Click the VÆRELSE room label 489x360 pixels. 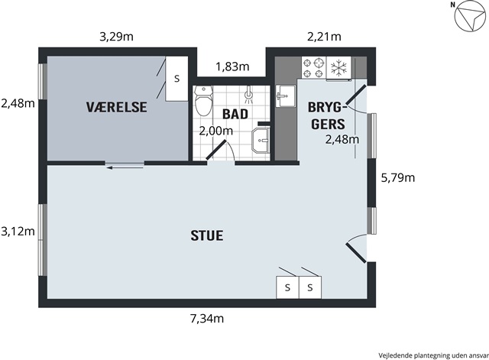pyautogui.click(x=116, y=107)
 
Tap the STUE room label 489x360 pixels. pyautogui.click(x=207, y=235)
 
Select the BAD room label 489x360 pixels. pyautogui.click(x=235, y=114)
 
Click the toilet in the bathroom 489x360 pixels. pyautogui.click(x=203, y=101)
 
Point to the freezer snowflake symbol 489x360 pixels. pyautogui.click(x=338, y=68)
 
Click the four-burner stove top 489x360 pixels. pyautogui.click(x=313, y=68)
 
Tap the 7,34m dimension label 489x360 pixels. pyautogui.click(x=207, y=319)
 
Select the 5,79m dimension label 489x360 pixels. pyautogui.click(x=398, y=178)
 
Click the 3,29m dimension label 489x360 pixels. pyautogui.click(x=116, y=37)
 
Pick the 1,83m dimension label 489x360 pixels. pyautogui.click(x=232, y=66)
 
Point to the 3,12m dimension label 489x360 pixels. pyautogui.click(x=18, y=232)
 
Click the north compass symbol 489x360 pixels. pyautogui.click(x=469, y=18)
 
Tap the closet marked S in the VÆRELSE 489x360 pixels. pyautogui.click(x=176, y=79)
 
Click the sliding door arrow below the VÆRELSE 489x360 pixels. pyautogui.click(x=125, y=168)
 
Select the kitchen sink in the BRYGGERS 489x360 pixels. pyautogui.click(x=285, y=96)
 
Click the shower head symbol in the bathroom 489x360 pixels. pyautogui.click(x=248, y=95)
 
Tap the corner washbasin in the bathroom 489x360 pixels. pyautogui.click(x=261, y=141)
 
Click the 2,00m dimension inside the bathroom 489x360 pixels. pyautogui.click(x=215, y=131)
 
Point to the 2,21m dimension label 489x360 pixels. pyautogui.click(x=324, y=37)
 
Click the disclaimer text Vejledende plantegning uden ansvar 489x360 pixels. pyautogui.click(x=433, y=355)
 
